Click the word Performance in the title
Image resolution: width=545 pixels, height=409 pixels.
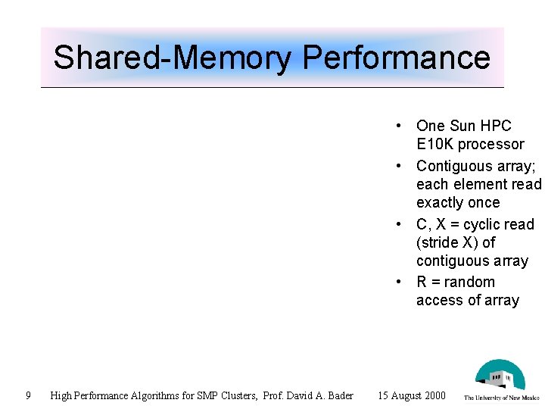point(396,58)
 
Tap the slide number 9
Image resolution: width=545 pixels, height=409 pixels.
point(28,395)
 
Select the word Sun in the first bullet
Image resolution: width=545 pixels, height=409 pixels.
point(463,126)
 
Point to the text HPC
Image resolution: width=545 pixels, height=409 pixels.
point(496,126)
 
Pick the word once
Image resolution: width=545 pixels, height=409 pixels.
point(484,203)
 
